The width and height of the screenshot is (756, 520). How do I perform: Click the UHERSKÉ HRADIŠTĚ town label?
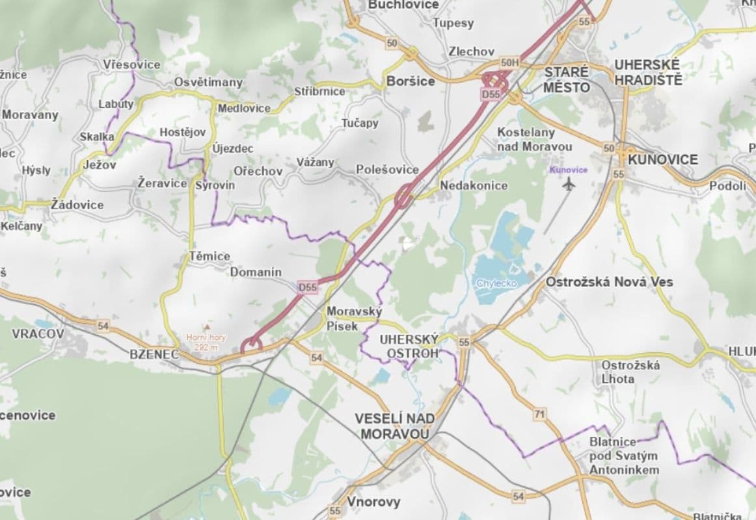click(x=648, y=72)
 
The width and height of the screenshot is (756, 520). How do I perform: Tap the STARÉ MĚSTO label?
click(x=567, y=79)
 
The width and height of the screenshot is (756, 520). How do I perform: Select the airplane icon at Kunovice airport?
click(x=569, y=184)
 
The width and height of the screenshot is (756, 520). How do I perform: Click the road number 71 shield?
click(x=539, y=414)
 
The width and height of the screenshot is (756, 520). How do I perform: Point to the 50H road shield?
click(x=511, y=62)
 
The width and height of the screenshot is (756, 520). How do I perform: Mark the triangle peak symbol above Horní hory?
click(x=207, y=326)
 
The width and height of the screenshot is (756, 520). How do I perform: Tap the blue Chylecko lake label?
click(x=496, y=283)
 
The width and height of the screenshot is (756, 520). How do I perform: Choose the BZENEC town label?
click(x=154, y=354)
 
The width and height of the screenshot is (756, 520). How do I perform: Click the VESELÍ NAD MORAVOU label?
click(x=392, y=426)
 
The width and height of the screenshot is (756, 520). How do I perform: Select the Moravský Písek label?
click(x=345, y=318)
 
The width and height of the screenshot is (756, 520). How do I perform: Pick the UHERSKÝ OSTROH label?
click(x=409, y=346)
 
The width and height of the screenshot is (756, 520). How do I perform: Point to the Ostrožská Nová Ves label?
click(x=609, y=282)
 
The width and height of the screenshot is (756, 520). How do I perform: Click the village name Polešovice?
click(x=387, y=170)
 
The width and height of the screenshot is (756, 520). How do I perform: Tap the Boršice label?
click(x=410, y=81)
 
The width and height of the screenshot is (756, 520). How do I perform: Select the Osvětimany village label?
click(x=208, y=83)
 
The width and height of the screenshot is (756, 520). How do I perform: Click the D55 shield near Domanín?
click(x=308, y=287)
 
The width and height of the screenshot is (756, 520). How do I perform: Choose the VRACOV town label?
click(x=38, y=333)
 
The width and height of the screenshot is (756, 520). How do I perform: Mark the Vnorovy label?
click(x=373, y=502)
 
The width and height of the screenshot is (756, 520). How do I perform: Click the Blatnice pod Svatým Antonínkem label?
click(x=623, y=456)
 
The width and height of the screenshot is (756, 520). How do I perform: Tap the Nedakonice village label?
click(x=474, y=186)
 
